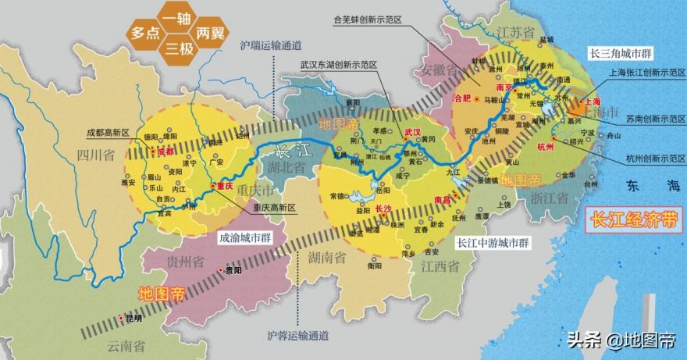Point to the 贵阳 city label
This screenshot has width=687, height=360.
[233, 271]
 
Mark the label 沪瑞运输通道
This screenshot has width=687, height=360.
[270, 45]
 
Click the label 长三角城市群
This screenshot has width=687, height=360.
[620, 52]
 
